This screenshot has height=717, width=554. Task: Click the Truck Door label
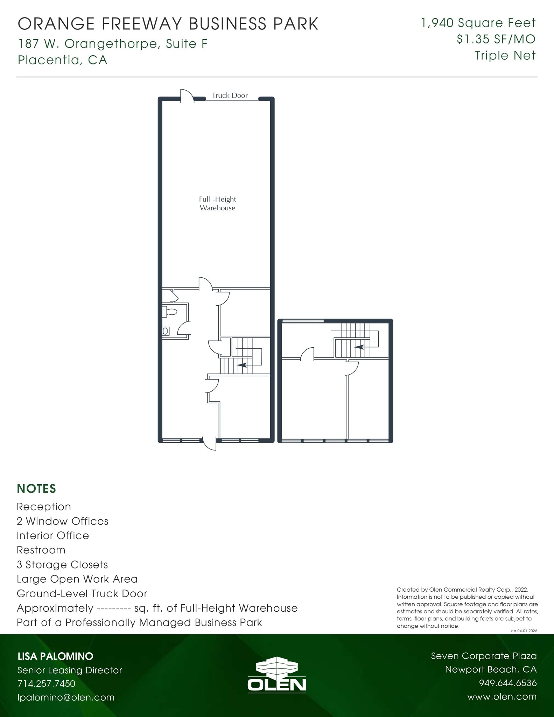point(230,95)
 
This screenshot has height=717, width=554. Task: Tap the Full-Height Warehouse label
point(217,203)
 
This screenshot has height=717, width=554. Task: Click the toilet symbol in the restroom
point(170,312)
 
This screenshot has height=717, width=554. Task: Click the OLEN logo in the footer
point(276,676)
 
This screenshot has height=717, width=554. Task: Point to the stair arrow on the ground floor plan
point(242,365)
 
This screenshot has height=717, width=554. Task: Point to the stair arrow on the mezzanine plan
point(359,347)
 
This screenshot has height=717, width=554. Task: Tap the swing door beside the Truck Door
point(187,96)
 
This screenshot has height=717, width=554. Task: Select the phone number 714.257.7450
point(46,683)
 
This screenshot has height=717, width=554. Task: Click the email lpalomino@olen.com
point(66,697)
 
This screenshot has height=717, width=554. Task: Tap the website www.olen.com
point(502,696)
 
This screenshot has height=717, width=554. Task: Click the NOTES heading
point(36,488)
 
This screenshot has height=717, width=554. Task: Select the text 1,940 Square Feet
point(478,23)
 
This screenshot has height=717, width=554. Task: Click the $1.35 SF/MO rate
point(496,39)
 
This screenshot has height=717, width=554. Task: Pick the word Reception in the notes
point(44,507)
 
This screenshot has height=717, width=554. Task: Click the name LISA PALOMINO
point(55,656)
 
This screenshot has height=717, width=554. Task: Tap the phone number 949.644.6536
point(507,683)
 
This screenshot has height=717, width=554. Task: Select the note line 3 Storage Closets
point(62,565)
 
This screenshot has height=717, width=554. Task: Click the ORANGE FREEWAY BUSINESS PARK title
point(168,24)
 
